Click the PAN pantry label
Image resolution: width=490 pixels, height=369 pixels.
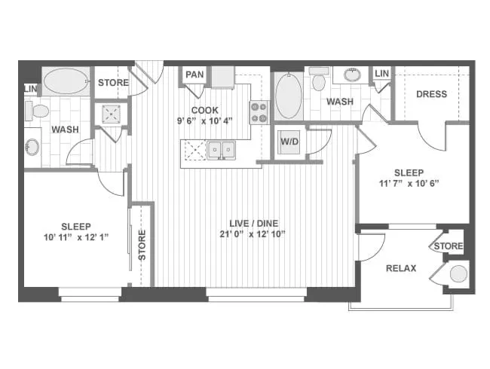(x=194, y=75)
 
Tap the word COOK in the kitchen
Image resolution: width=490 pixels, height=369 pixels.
(x=205, y=110)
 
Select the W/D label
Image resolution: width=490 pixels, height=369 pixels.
(x=289, y=142)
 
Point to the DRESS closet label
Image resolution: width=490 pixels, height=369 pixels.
(x=430, y=94)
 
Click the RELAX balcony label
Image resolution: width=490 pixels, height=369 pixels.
(x=402, y=268)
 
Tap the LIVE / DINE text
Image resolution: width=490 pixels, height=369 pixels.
(x=256, y=222)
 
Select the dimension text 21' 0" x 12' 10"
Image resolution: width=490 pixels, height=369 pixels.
(x=256, y=233)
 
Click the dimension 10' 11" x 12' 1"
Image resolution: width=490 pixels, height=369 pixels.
(x=75, y=237)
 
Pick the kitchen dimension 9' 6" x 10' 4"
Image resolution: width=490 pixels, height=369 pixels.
(x=205, y=120)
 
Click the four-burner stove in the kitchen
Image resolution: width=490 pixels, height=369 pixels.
(x=259, y=112)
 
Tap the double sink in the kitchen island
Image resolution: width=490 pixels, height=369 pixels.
(x=221, y=150)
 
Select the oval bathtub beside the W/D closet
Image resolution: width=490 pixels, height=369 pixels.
(x=287, y=96)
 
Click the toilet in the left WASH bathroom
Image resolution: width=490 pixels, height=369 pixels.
(x=38, y=111)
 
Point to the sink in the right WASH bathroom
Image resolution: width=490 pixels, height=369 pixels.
(x=352, y=75)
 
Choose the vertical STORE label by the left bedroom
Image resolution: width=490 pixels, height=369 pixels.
(x=142, y=245)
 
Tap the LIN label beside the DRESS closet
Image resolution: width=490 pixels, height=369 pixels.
(x=382, y=73)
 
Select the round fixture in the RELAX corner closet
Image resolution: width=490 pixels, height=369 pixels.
(x=458, y=274)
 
